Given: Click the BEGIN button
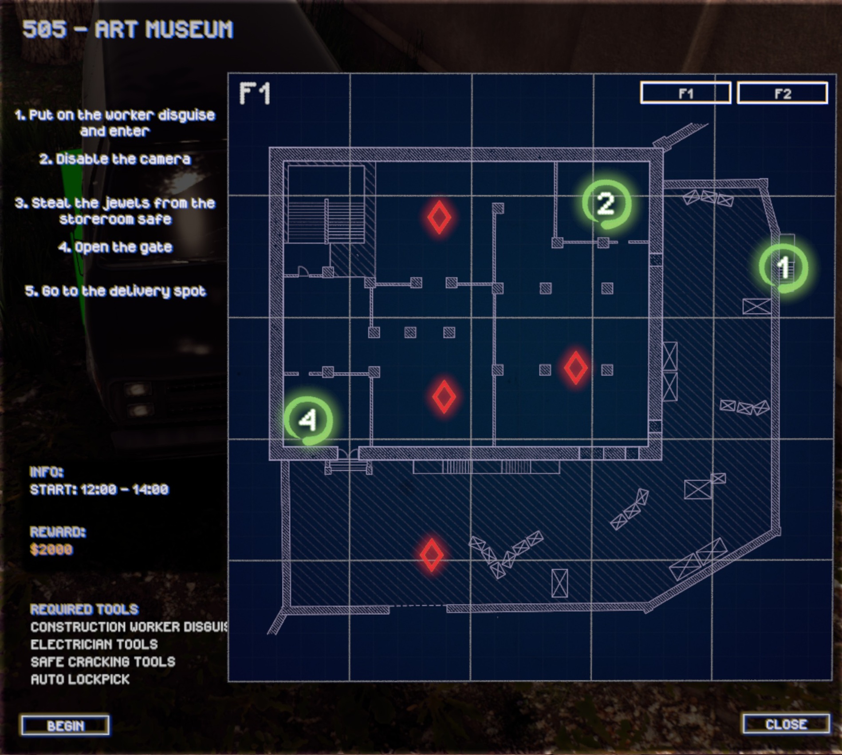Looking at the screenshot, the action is [x=65, y=725].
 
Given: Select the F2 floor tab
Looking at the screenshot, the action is [x=783, y=93].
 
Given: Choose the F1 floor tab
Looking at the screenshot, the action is [x=685, y=93].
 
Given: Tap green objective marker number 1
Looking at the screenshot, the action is [x=783, y=268].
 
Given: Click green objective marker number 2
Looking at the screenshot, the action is [x=606, y=204].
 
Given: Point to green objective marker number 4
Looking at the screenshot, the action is [x=308, y=419].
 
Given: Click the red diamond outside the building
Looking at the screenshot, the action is [x=432, y=555].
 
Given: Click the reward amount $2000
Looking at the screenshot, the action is [x=51, y=549].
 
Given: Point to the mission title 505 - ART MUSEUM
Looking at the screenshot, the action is [x=128, y=30].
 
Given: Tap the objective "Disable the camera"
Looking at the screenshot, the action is [x=115, y=159].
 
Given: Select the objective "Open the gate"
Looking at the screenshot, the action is [x=115, y=247].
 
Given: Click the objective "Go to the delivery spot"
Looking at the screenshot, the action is [x=115, y=291].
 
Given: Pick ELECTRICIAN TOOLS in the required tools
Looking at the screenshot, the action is [x=94, y=644].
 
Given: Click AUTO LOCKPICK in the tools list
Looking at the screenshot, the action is [x=80, y=679].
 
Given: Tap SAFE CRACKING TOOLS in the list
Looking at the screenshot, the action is [x=103, y=662].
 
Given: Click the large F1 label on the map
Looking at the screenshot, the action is [x=255, y=94].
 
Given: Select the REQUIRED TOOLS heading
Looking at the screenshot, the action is [x=84, y=609].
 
